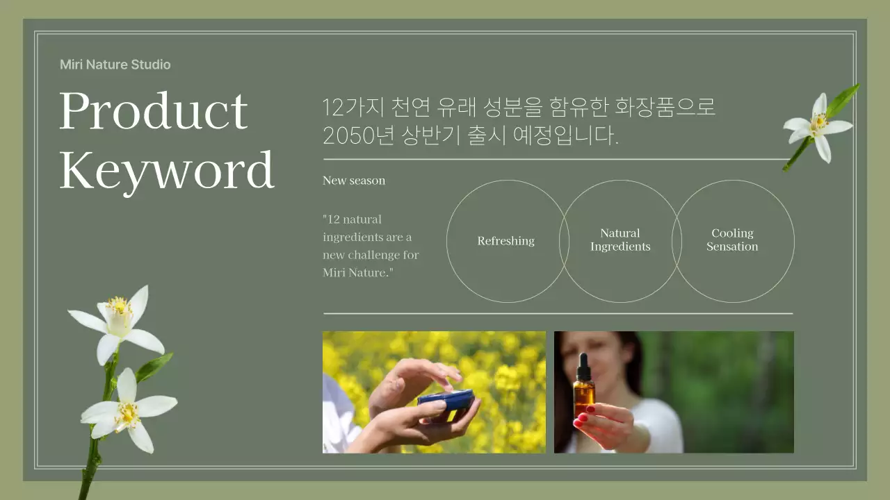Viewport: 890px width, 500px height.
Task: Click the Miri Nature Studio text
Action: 115,65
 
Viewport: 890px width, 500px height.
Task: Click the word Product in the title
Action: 153,111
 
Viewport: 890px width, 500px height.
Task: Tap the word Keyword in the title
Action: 167,170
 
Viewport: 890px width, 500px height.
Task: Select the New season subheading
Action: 353,181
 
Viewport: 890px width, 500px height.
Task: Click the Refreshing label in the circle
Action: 505,241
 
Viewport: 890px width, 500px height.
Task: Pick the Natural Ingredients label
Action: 620,240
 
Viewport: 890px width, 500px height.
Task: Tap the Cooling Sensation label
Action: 732,240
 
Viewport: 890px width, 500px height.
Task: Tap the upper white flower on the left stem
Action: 120,322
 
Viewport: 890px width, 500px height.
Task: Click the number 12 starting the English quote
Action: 332,219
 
